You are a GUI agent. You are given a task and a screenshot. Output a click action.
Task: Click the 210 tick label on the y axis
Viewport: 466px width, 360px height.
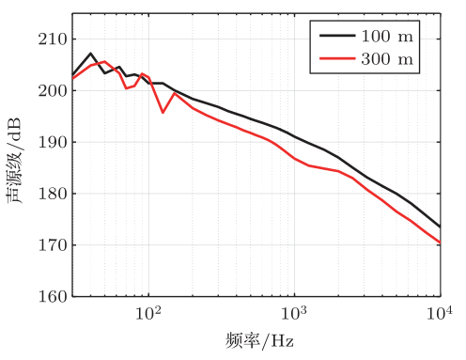[x=48, y=39]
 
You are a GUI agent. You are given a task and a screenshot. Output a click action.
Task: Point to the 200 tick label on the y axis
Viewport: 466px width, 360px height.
[x=48, y=91]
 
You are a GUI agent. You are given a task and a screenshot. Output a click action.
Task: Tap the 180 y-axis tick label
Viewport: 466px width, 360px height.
[x=48, y=194]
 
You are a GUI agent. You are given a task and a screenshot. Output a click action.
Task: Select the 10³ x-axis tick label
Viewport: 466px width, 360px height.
[x=295, y=313]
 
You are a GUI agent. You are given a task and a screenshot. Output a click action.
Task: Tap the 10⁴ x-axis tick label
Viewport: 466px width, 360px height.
[x=440, y=313]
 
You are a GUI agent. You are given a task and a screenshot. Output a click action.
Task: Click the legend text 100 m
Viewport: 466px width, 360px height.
[x=388, y=38]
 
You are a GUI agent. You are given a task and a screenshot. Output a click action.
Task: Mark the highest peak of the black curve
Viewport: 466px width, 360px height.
[x=91, y=54]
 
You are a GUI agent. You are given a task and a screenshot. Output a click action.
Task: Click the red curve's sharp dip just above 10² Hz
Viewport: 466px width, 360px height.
[x=163, y=113]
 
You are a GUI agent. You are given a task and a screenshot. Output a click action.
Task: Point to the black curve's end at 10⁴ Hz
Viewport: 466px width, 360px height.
[x=440, y=227]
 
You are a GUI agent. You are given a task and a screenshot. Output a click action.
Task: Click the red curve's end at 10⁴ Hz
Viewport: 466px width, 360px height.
[x=440, y=243]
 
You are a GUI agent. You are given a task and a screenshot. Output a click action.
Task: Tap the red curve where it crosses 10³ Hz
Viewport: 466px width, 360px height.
[x=295, y=158]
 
